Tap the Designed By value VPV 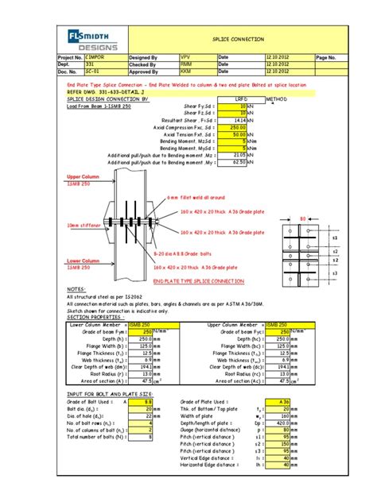[x=186, y=58]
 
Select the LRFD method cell [x=240, y=99]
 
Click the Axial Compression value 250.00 [x=236, y=127]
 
